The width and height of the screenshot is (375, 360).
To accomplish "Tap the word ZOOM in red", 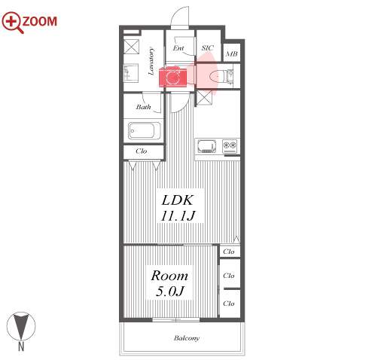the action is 40,21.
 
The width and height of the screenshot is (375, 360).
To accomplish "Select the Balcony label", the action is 187,338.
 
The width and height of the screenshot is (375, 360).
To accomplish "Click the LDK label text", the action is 178,200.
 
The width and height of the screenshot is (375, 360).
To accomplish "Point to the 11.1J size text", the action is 178,215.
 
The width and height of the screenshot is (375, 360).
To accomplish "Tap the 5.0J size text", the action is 170,291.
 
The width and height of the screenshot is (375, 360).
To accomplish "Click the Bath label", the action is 143,107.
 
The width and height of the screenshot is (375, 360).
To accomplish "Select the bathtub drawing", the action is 145,130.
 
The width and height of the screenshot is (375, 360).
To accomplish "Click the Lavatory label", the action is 151,62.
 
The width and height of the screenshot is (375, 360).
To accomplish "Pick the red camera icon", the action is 172,77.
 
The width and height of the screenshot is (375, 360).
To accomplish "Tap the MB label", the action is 231,53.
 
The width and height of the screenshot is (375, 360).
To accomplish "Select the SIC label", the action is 208,47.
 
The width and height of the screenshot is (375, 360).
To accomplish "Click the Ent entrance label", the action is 178,48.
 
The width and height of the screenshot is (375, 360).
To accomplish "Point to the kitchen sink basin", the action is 207,146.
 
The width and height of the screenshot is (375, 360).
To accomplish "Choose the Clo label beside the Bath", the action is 141,151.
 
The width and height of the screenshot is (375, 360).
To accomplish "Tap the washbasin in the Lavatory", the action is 131,73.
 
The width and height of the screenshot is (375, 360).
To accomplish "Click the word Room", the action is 169,276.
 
